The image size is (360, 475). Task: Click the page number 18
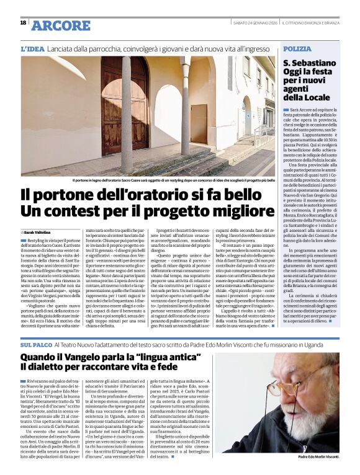click(x=23, y=24)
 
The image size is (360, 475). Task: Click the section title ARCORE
click(x=60, y=25)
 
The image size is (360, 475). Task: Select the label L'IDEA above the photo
click(x=33, y=48)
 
